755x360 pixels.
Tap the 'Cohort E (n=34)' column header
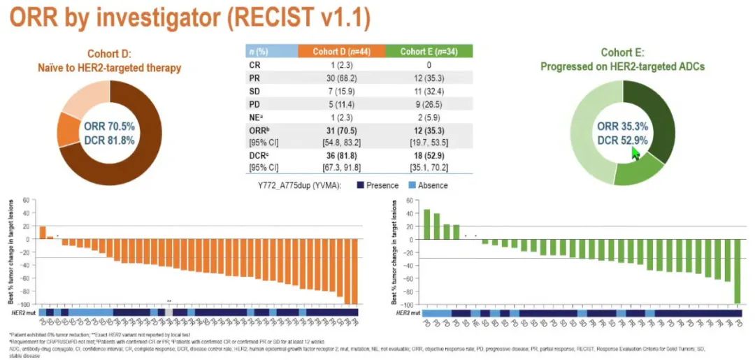point(427,51)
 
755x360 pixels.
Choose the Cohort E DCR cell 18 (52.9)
point(427,154)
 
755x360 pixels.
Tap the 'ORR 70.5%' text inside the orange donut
point(110,127)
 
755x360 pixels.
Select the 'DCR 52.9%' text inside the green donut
point(621,141)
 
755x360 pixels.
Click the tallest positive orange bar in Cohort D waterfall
point(42,233)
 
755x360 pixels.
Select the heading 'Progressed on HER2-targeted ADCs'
point(621,66)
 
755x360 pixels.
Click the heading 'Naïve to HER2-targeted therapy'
point(110,68)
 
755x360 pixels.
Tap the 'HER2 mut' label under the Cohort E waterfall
point(407,312)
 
